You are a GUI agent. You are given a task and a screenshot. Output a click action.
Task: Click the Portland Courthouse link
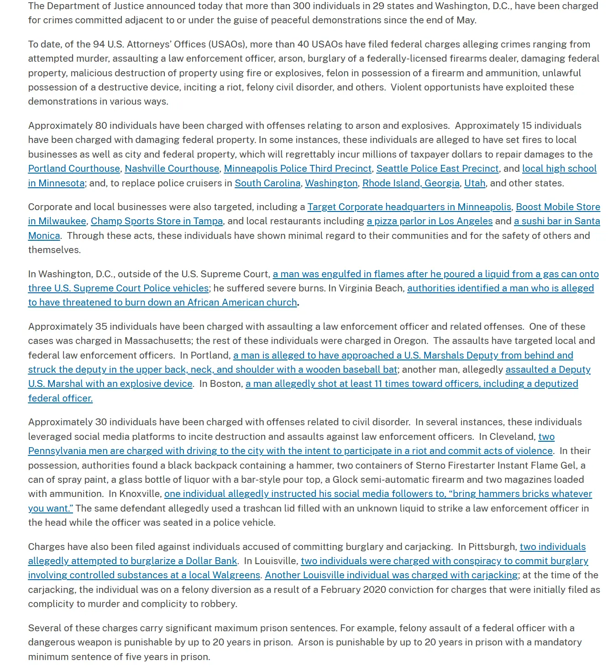74,169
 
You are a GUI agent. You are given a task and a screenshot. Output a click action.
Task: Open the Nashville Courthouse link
172,169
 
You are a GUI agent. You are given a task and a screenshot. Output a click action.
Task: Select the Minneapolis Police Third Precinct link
298,169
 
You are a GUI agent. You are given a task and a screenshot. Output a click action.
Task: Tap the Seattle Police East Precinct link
437,169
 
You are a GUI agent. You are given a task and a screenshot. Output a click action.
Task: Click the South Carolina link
267,183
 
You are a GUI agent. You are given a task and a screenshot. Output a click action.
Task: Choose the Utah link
475,183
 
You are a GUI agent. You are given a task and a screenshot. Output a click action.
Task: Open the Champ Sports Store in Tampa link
157,221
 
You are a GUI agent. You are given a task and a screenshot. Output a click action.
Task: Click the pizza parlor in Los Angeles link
430,221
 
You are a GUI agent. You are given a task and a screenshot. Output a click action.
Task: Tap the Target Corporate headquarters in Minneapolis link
409,207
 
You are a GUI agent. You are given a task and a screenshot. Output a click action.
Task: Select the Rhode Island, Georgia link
411,183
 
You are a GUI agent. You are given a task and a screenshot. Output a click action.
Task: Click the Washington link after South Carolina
331,183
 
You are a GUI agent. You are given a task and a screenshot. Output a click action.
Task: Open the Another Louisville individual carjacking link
391,575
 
